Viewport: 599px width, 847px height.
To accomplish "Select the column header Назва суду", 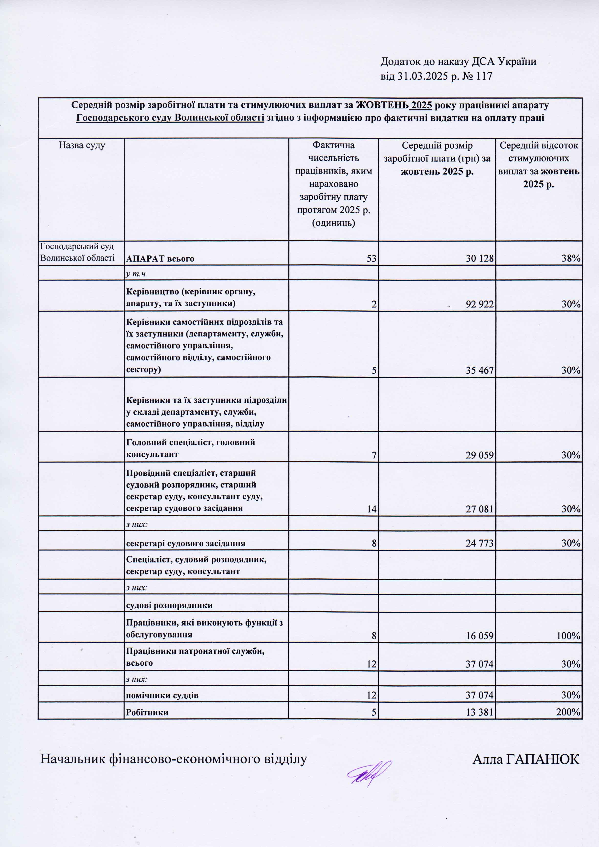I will point(82,145).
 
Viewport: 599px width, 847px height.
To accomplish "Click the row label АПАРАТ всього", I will point(160,259).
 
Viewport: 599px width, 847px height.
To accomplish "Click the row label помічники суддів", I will point(162,695).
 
